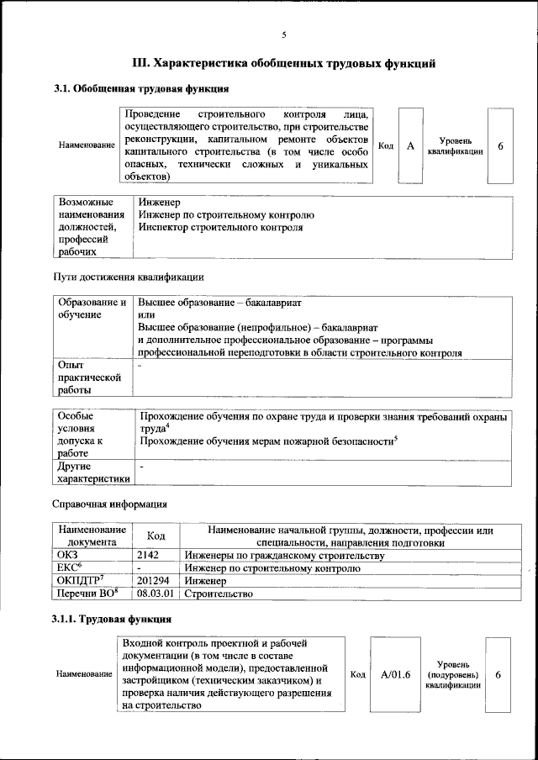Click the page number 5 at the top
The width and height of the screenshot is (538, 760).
[x=283, y=34]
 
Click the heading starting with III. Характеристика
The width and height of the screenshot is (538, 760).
[x=283, y=63]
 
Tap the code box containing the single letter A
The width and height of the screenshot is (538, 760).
[x=410, y=145]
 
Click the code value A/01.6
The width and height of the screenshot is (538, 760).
[x=394, y=674]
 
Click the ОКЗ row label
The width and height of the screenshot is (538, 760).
[x=66, y=556]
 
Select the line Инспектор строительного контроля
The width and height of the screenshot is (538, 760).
[x=220, y=227]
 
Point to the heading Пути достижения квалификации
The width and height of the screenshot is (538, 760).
[x=128, y=277]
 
